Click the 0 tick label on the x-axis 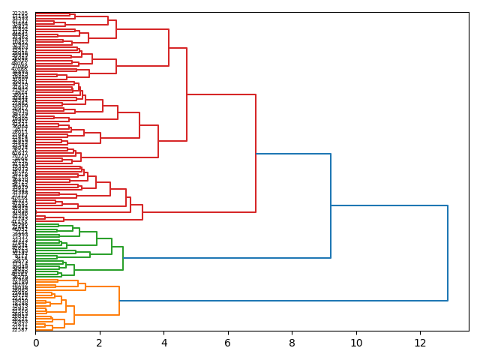click(35, 343)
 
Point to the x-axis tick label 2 click(100, 343)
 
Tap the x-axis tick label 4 click(163, 343)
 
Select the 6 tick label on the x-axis click(228, 343)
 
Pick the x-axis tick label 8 click(292, 343)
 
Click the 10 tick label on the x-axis click(356, 343)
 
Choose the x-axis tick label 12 click(420, 343)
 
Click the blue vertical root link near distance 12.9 click(448, 253)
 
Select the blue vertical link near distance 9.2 click(331, 205)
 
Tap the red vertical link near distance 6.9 click(256, 154)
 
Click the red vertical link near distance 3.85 click(158, 141)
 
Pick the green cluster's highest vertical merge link click(123, 258)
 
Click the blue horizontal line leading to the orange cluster click(283, 301)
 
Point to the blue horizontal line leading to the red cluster click(293, 154)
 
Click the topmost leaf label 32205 click(19, 13)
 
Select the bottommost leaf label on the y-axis click(19, 329)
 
